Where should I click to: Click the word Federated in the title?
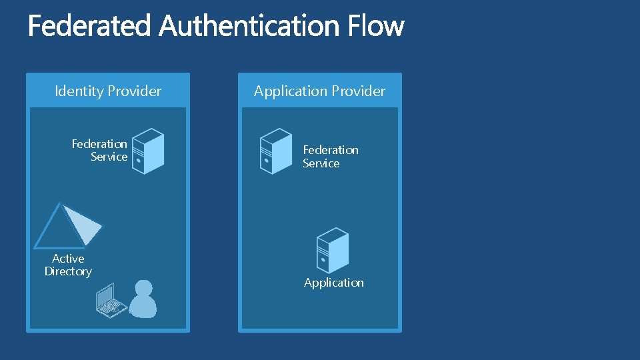click(x=91, y=27)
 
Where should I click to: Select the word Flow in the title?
click(x=376, y=27)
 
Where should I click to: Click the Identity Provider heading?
click(x=108, y=91)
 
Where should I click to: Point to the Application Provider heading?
click(x=319, y=91)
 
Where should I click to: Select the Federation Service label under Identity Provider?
click(x=100, y=150)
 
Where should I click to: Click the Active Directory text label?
click(x=68, y=265)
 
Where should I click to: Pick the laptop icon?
click(x=111, y=301)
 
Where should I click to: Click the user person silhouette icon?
click(x=143, y=299)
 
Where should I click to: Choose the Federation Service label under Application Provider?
click(x=330, y=157)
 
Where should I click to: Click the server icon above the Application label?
click(x=332, y=250)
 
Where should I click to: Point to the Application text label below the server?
click(x=334, y=283)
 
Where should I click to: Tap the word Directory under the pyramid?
click(x=68, y=271)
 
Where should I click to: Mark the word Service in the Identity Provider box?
click(x=109, y=157)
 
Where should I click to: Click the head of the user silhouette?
click(x=143, y=288)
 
